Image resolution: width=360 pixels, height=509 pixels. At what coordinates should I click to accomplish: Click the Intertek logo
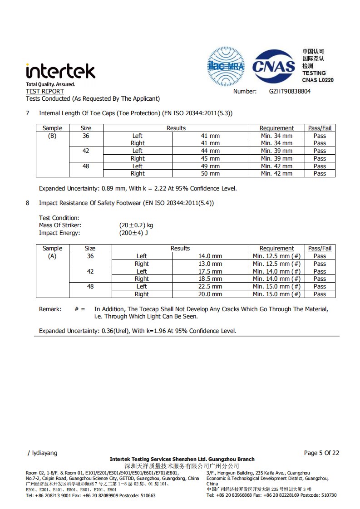click(x=60, y=72)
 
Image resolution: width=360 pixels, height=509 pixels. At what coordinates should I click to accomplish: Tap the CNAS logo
click(x=274, y=67)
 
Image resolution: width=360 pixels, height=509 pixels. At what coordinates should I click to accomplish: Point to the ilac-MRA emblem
click(x=226, y=67)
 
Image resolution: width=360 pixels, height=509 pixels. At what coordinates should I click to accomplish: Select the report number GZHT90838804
click(x=290, y=91)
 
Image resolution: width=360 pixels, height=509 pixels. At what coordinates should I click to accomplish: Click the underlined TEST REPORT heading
click(x=45, y=91)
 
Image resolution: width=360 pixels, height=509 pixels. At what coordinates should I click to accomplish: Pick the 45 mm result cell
click(x=210, y=158)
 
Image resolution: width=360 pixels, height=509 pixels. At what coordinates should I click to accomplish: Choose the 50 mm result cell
click(x=210, y=173)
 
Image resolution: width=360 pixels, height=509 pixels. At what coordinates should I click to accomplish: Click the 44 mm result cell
click(x=210, y=151)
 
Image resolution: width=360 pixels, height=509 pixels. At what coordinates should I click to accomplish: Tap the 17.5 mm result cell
click(x=210, y=271)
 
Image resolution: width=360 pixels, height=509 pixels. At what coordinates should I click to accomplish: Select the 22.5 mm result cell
click(x=210, y=286)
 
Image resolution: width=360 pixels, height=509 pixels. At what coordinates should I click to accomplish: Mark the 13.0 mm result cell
click(x=210, y=264)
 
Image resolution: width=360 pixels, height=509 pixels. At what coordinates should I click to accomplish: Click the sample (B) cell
click(x=52, y=136)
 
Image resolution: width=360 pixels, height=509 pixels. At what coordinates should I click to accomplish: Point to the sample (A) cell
click(x=52, y=256)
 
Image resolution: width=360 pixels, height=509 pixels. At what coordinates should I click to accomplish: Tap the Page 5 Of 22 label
click(x=321, y=453)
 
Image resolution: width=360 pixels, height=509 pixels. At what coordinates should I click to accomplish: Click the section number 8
click(x=28, y=203)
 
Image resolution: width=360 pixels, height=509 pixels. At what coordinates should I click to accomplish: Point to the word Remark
click(x=50, y=309)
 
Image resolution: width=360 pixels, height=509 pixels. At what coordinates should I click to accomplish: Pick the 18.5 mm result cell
click(x=210, y=279)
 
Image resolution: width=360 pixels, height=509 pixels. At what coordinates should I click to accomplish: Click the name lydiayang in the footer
click(x=44, y=453)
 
